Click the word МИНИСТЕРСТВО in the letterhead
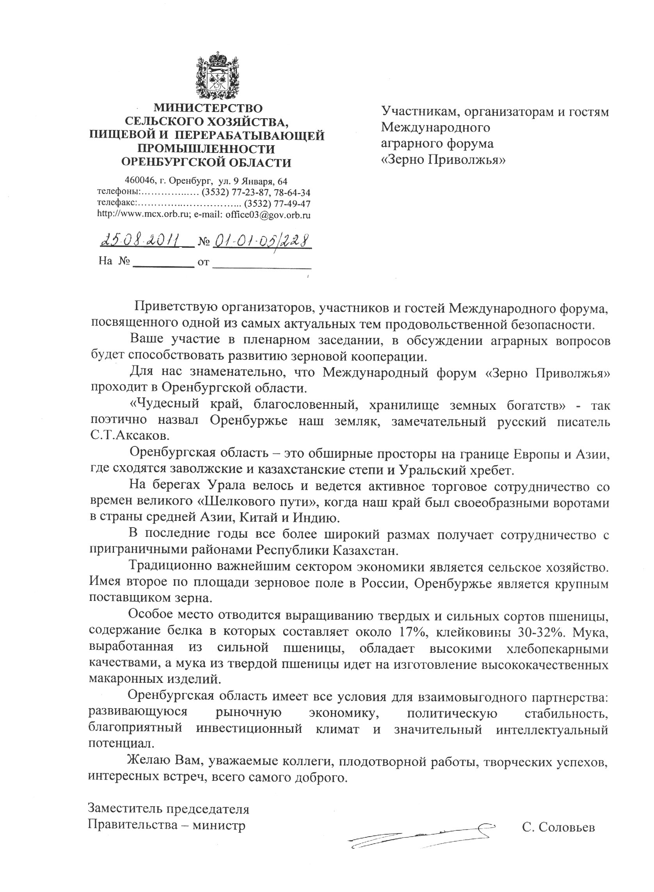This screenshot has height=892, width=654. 208,108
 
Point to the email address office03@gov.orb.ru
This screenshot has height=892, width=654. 268,215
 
